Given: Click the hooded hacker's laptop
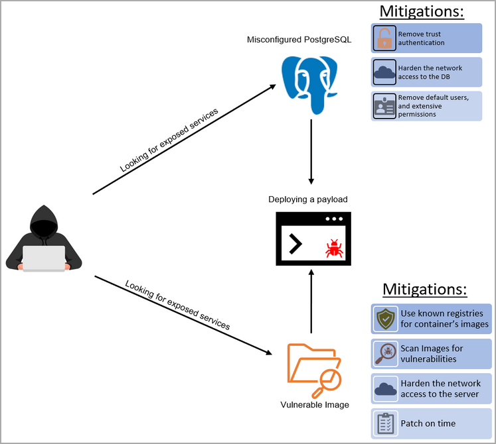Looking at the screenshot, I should tap(44, 258).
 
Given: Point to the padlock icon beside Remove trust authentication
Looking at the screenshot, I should tap(384, 38).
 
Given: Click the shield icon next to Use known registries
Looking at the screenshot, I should tap(385, 319).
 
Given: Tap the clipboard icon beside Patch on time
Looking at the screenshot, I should tap(385, 423).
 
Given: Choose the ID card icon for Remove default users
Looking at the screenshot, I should tap(384, 106).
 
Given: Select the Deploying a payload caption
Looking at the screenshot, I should tap(307, 199).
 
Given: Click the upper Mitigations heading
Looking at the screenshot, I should tap(421, 11).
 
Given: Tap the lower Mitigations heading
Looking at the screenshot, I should tap(425, 290).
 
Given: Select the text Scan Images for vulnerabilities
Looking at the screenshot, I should tap(432, 353).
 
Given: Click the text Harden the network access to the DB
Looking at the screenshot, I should tap(430, 72).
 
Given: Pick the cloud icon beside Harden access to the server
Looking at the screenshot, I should tap(385, 388).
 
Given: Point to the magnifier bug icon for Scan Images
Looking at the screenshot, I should tap(385, 353).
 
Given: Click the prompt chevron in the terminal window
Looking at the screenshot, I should tap(295, 244).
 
